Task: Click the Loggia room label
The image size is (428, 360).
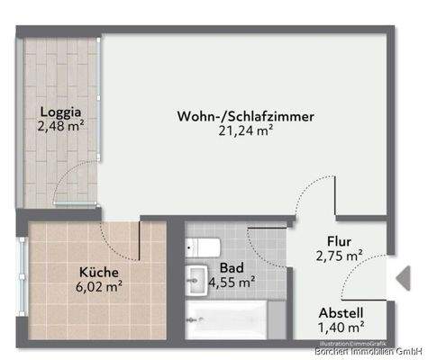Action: click(60, 112)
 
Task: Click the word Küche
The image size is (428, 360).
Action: click(98, 271)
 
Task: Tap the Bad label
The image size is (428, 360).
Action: click(231, 266)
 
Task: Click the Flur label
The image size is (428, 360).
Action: click(339, 241)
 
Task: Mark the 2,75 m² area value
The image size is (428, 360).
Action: click(339, 256)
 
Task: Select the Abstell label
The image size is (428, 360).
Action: click(341, 312)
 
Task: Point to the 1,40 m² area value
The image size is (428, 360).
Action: click(341, 328)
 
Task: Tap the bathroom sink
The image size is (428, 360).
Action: click(196, 280)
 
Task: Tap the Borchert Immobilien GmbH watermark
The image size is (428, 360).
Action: click(369, 352)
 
